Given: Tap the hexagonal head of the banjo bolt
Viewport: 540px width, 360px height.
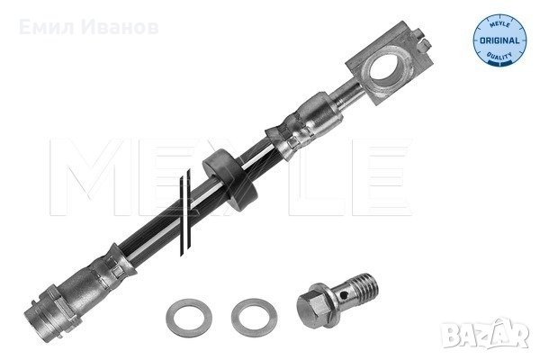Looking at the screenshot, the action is tap(311, 309).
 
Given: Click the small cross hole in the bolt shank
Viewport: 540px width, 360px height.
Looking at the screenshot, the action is tap(342, 295).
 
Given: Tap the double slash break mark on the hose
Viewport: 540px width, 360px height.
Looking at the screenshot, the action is tap(184, 212).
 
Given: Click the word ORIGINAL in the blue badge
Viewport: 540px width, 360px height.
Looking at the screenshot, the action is tap(499, 40).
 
